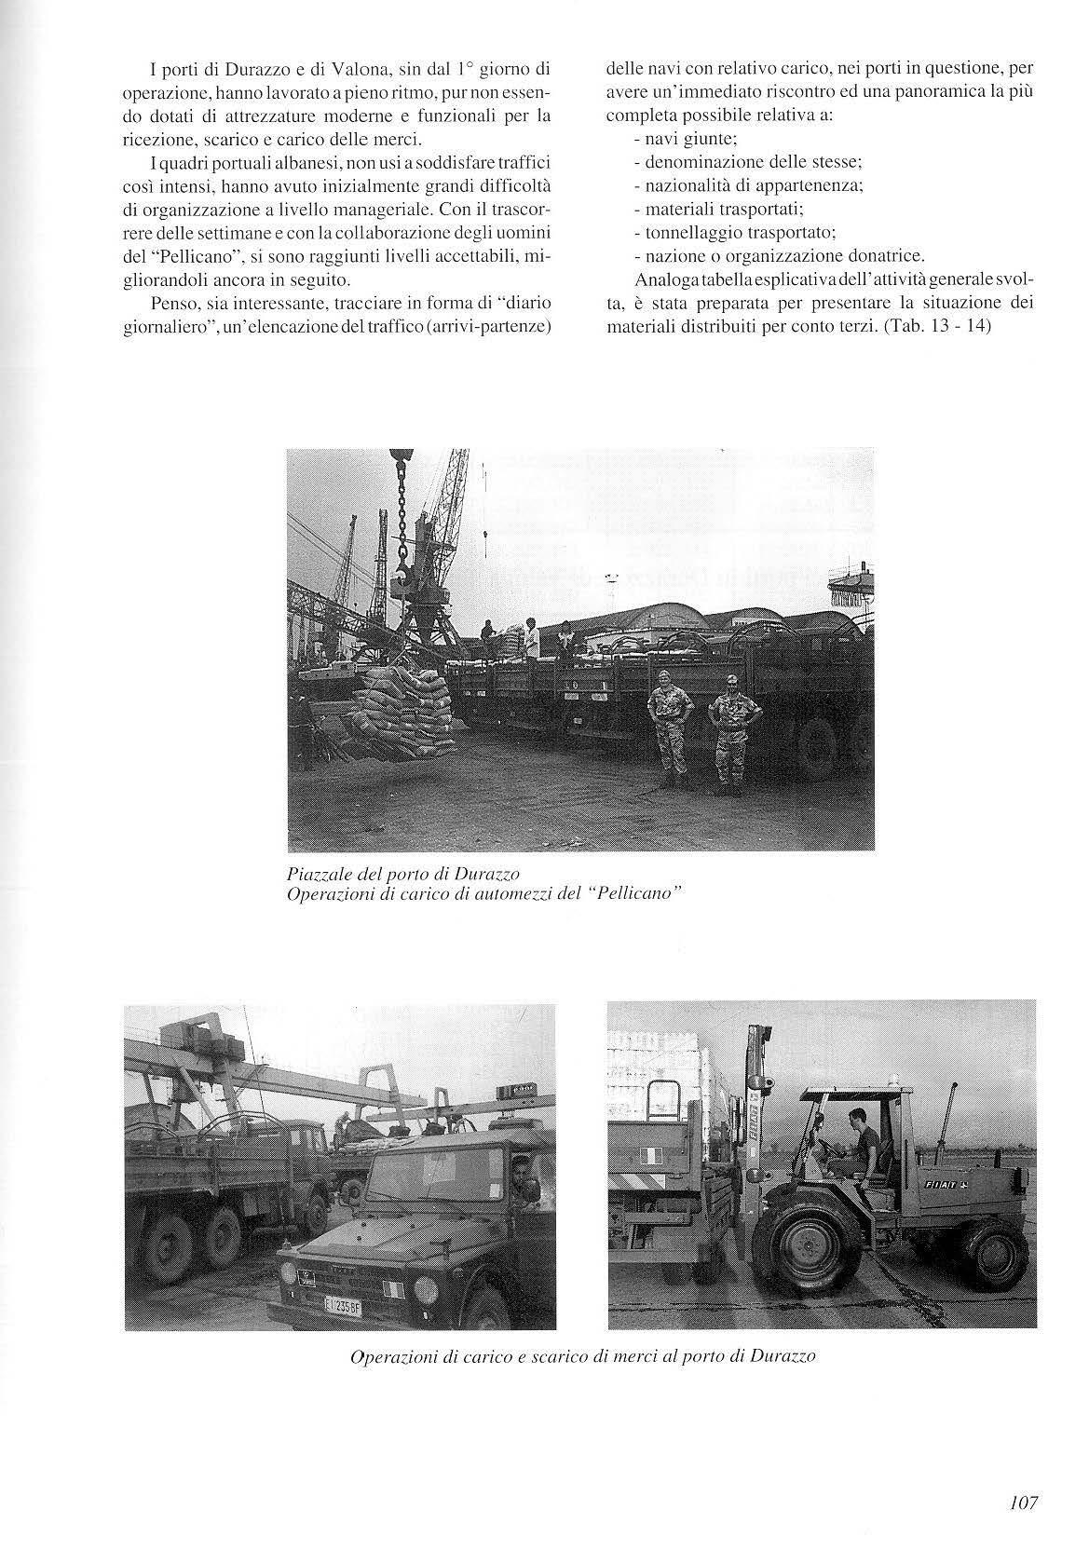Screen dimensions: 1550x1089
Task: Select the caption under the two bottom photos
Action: (582, 1356)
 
